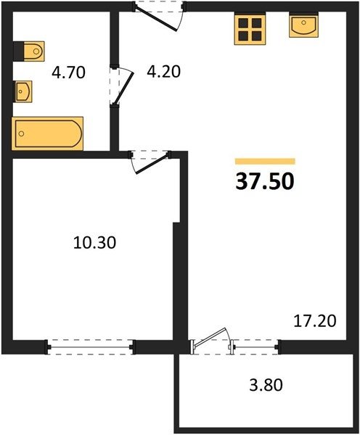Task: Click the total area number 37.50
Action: coord(265,182)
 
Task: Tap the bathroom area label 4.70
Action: coord(68,72)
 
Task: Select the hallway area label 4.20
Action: coord(163,72)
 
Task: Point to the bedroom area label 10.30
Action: coord(95,242)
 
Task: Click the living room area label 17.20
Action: coord(315,321)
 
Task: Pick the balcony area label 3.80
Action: coord(266,385)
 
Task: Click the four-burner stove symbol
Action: coord(250,30)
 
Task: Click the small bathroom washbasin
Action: coord(22,91)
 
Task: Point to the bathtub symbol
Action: coord(47,133)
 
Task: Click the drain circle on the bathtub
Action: coord(21,133)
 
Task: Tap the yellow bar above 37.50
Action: coord(265,161)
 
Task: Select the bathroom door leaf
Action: coord(124,88)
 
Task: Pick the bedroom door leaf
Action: coord(152,164)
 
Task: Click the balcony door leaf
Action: coord(210,337)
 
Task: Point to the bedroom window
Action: coord(90,347)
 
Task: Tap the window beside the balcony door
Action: coord(255,347)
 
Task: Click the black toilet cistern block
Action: coord(19,51)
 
